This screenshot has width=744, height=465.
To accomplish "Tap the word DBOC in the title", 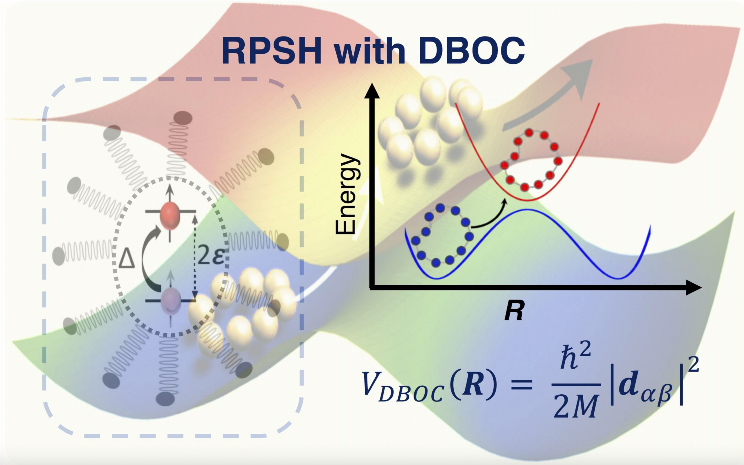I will tap(471, 51).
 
